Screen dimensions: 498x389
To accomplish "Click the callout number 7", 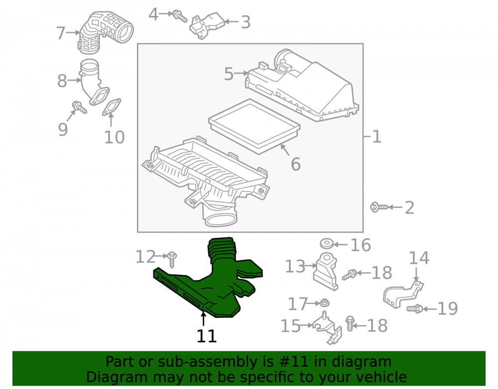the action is [x=61, y=33].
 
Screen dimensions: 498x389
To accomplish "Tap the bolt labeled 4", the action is [x=179, y=16].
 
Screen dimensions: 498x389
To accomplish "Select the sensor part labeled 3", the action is [x=207, y=25].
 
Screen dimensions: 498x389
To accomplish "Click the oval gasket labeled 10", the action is [x=112, y=107].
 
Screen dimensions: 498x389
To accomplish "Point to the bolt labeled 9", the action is [x=79, y=107].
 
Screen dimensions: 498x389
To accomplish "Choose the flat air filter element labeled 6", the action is [x=254, y=127].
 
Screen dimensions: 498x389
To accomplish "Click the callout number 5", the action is [x=229, y=74].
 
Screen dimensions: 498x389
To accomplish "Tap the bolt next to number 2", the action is [x=379, y=207].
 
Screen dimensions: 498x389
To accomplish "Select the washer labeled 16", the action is [x=327, y=244].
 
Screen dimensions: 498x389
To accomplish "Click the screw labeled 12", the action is [x=172, y=259].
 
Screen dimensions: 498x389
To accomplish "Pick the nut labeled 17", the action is [x=324, y=303].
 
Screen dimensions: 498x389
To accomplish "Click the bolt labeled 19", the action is [x=415, y=308].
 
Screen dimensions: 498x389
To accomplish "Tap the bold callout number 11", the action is [x=207, y=336].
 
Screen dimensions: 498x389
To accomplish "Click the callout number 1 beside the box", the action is [x=376, y=137].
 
